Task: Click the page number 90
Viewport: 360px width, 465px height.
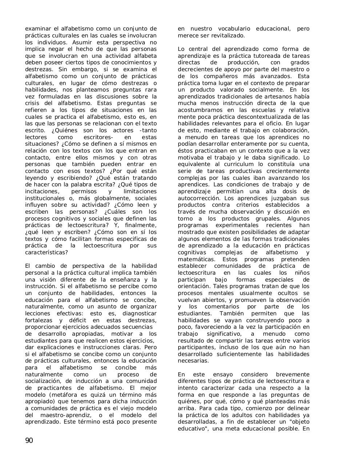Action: point(29,441)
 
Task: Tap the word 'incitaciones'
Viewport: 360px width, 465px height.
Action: point(41,191)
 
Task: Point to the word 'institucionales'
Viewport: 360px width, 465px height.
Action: point(47,198)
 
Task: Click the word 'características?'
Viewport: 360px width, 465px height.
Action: point(47,252)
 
